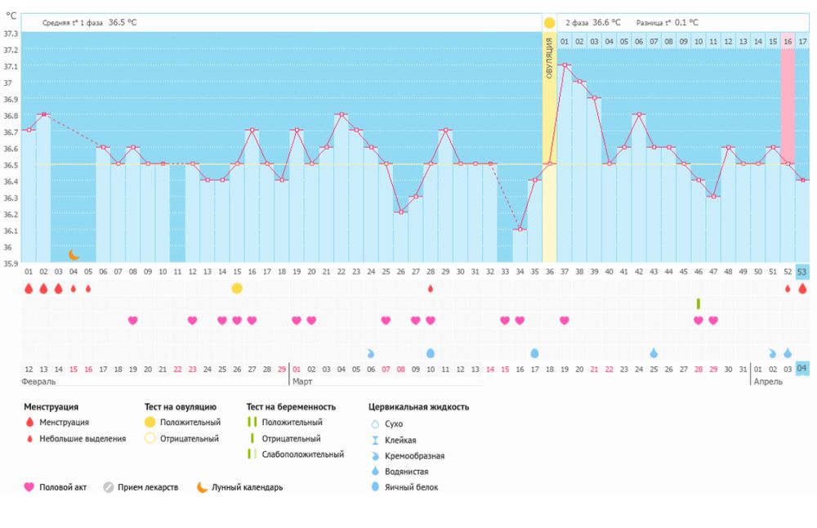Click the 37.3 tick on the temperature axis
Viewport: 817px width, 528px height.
pyautogui.click(x=10, y=34)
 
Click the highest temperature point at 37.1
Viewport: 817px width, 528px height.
pyautogui.click(x=565, y=65)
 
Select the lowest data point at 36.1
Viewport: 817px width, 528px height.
pyautogui.click(x=520, y=230)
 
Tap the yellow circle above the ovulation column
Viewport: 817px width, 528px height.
pyautogui.click(x=549, y=23)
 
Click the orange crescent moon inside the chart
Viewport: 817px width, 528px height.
pyautogui.click(x=74, y=255)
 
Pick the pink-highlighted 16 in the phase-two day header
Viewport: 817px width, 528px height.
pyautogui.click(x=788, y=41)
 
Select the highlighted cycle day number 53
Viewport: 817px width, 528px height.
pyautogui.click(x=802, y=271)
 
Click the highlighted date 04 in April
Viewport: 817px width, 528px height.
pyautogui.click(x=802, y=369)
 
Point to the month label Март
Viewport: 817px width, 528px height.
pyautogui.click(x=302, y=382)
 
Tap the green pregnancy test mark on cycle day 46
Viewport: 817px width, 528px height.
pyautogui.click(x=699, y=303)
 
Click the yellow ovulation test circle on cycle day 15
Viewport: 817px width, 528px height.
pyautogui.click(x=237, y=288)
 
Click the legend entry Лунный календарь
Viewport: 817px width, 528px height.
pyautogui.click(x=247, y=487)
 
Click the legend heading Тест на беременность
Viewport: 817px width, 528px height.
pyautogui.click(x=290, y=406)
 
